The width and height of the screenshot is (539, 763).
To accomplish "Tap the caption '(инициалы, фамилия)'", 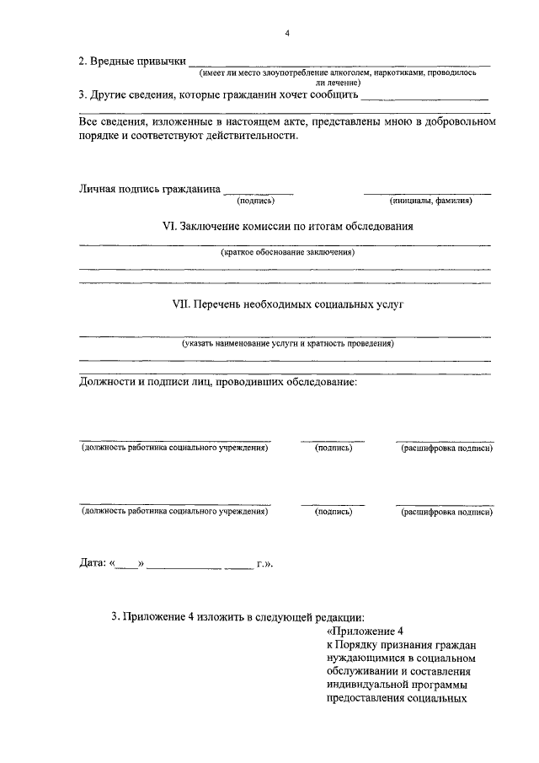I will tap(430, 201).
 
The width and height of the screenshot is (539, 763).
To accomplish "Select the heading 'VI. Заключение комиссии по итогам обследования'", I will tap(286, 227).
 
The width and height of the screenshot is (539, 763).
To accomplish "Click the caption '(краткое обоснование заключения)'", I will tap(286, 252).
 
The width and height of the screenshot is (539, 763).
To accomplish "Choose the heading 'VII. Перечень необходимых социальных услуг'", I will tap(286, 304).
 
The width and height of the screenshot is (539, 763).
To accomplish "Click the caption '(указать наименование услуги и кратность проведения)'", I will tap(286, 343).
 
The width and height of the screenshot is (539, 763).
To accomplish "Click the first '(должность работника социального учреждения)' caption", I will tap(174, 448).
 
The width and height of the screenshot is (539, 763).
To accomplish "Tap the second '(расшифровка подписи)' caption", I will tap(446, 511).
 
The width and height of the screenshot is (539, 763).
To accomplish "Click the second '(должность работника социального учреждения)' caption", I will tap(174, 511).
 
